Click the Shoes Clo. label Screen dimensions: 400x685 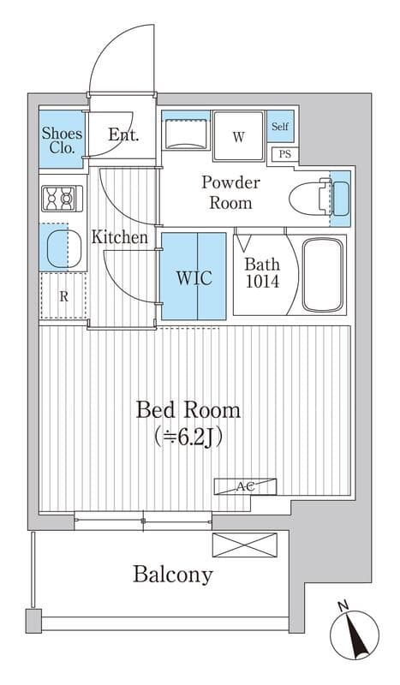pyautogui.click(x=62, y=140)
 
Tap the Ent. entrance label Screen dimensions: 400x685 pyautogui.click(x=123, y=134)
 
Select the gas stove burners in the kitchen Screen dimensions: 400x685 pyautogui.click(x=62, y=199)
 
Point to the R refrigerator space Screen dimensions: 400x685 pyautogui.click(x=63, y=296)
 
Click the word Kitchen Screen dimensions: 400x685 pyautogui.click(x=119, y=238)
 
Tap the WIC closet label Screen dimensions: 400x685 pyautogui.click(x=194, y=277)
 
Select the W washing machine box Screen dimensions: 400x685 pyautogui.click(x=239, y=136)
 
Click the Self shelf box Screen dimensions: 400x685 pyautogui.click(x=280, y=126)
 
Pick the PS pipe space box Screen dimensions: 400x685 pyautogui.click(x=284, y=154)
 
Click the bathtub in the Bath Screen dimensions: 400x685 pyautogui.click(x=324, y=275)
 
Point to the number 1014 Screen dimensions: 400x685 pyautogui.click(x=262, y=282)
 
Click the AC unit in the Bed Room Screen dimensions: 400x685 pyautogui.click(x=245, y=486)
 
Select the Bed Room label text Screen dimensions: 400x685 pyautogui.click(x=188, y=411)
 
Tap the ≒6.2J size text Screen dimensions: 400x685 pyautogui.click(x=188, y=437)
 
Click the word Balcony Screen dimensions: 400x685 pyautogui.click(x=173, y=575)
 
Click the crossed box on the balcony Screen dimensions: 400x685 pyautogui.click(x=245, y=545)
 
